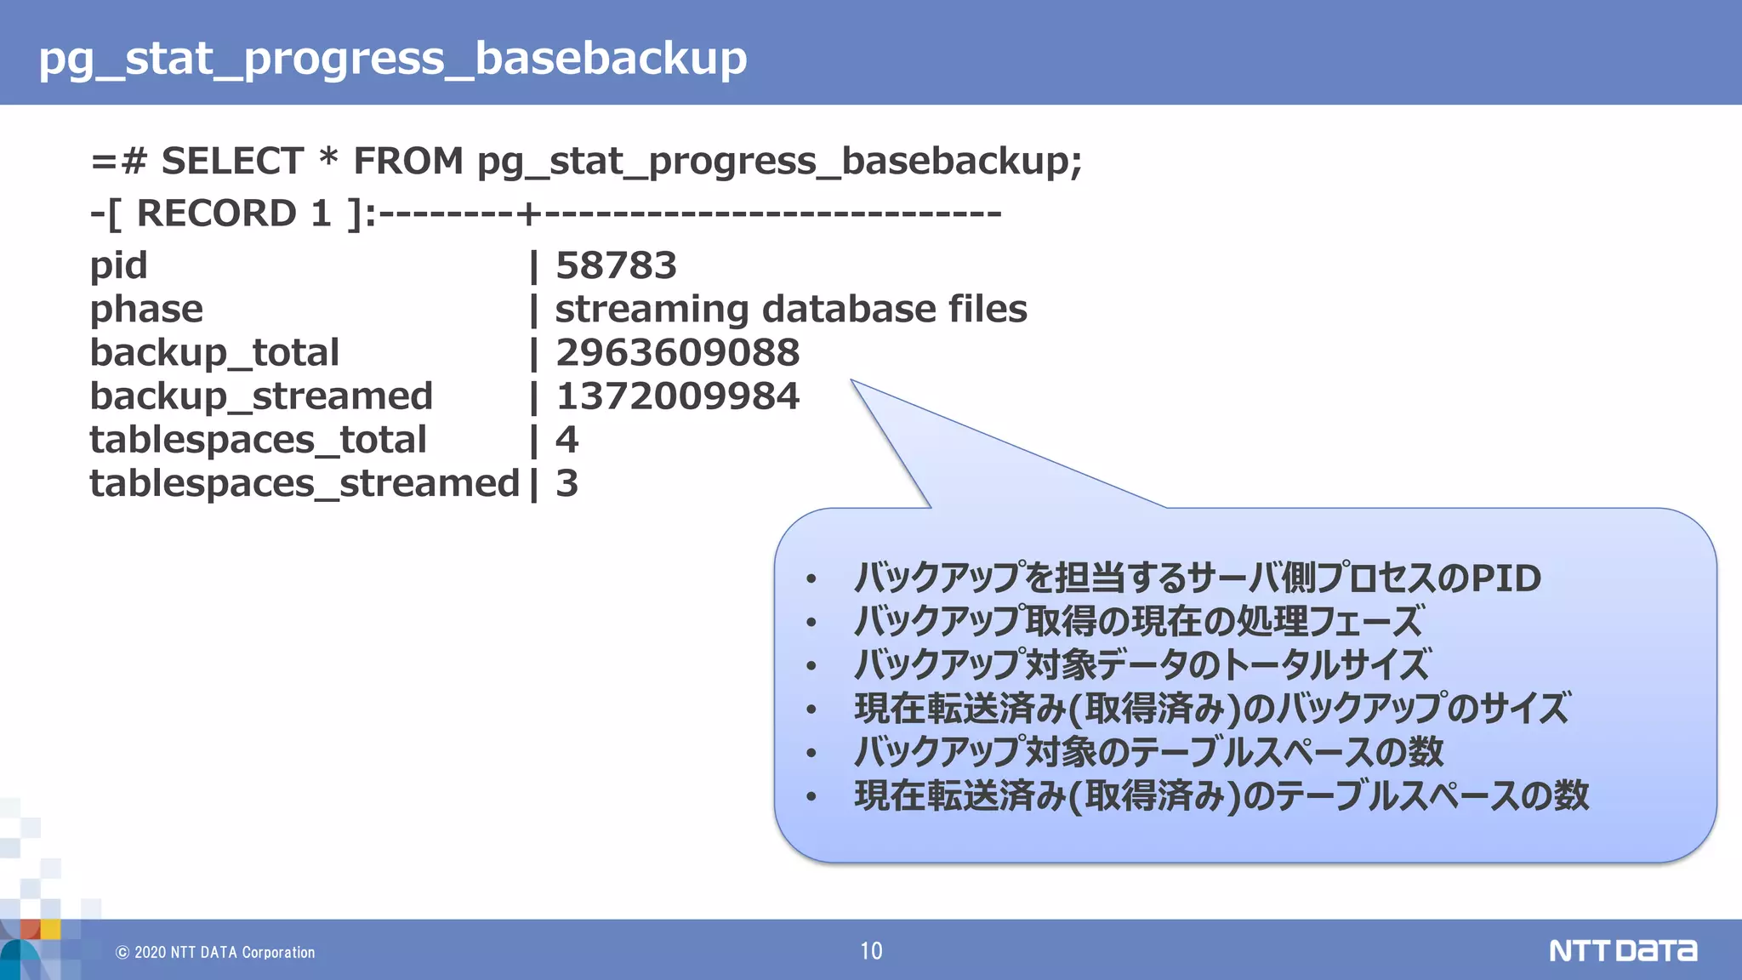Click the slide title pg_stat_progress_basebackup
point(392,58)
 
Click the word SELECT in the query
point(232,161)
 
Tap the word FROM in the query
point(408,161)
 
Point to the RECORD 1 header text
point(234,213)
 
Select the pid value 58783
point(616,265)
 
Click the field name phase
point(146,310)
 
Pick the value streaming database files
point(790,309)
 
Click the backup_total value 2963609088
point(677,353)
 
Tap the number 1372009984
point(677,396)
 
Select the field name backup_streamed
point(261,396)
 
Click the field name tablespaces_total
point(258,440)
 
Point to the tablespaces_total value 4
point(566,440)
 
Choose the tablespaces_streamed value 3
point(566,484)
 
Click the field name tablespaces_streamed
point(305,484)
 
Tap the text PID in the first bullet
point(1506,578)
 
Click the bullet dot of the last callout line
point(811,797)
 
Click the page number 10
point(871,951)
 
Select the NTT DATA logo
point(1622,950)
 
